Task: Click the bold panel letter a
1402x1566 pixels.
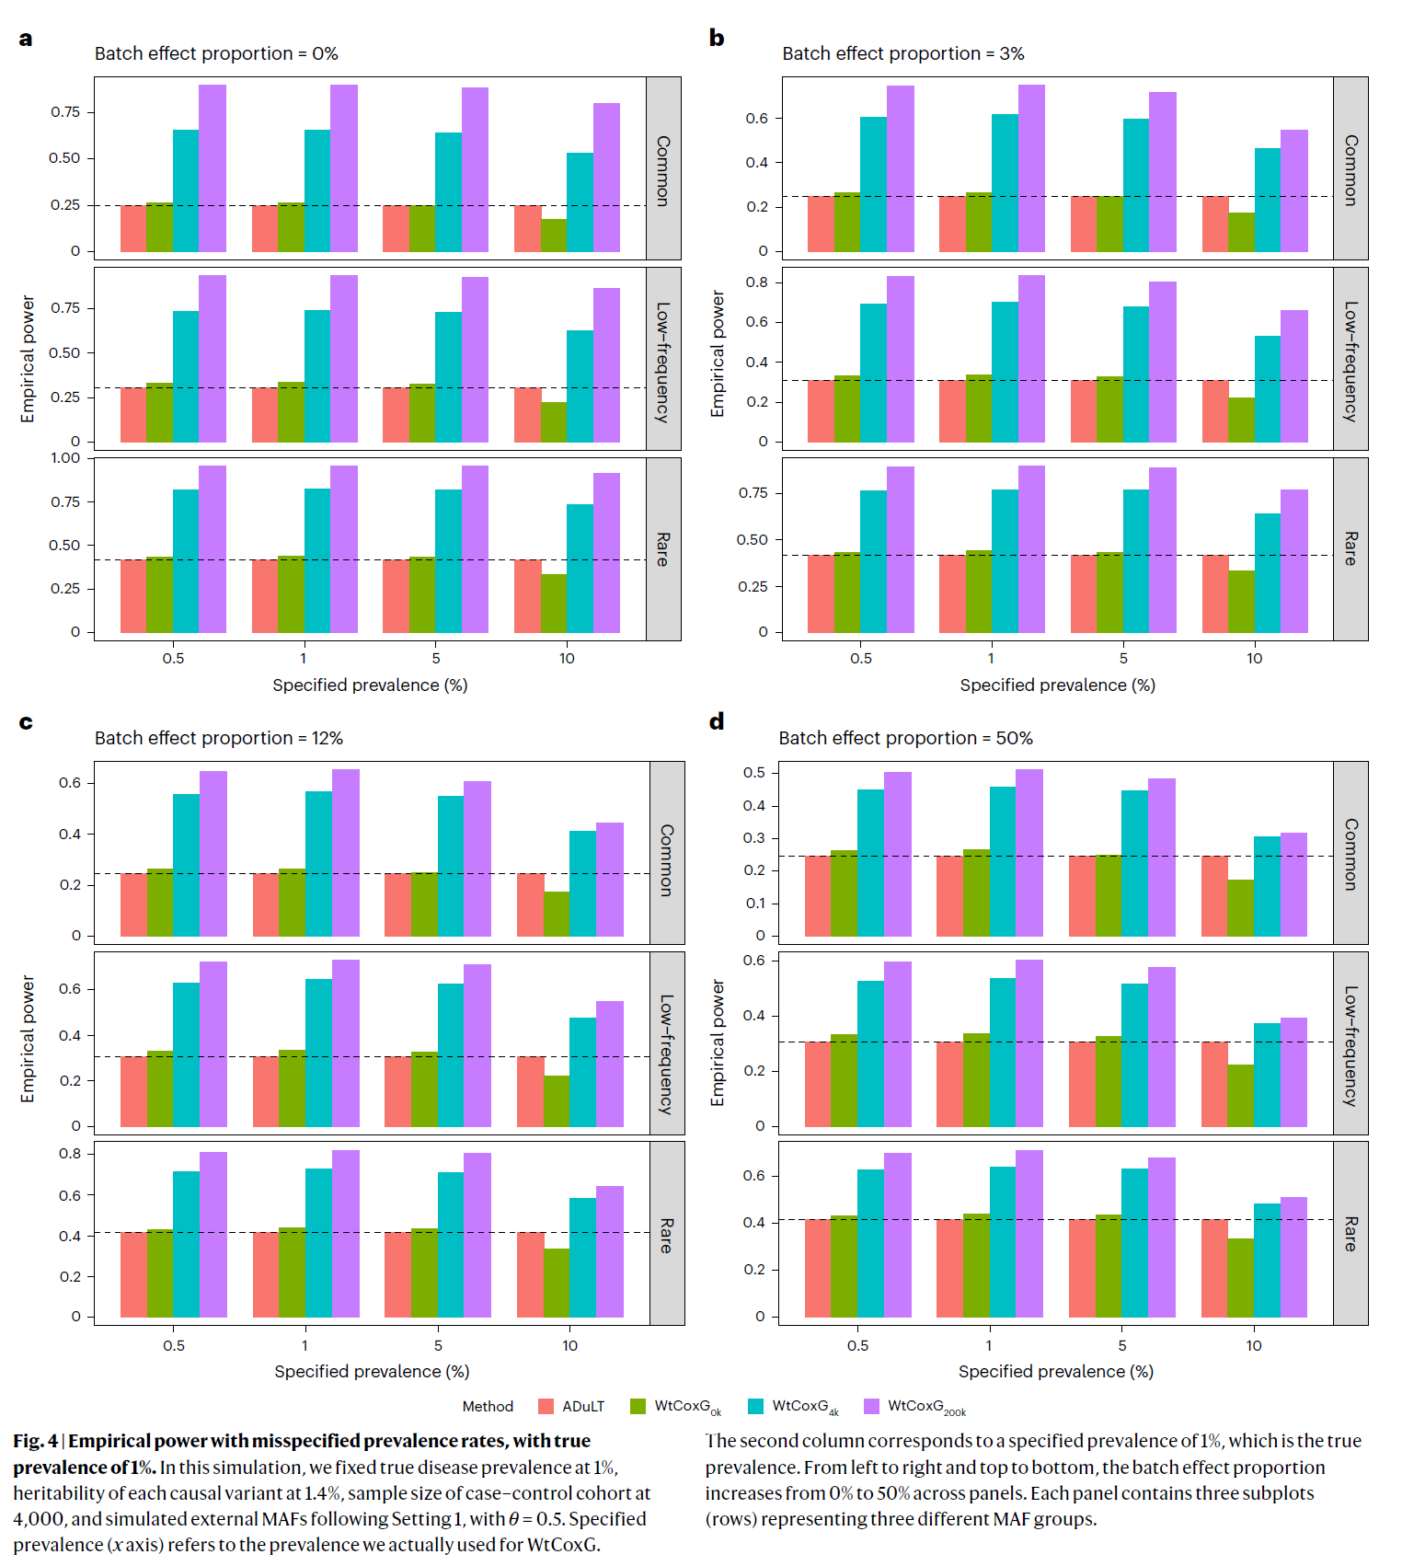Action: coord(26,39)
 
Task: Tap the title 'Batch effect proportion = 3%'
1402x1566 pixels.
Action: coord(902,54)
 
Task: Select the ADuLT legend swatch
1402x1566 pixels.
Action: coord(546,1407)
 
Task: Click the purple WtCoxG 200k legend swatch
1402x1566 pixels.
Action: coord(872,1407)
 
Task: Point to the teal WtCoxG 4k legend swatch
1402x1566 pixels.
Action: coord(756,1407)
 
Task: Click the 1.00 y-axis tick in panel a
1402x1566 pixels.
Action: coord(65,458)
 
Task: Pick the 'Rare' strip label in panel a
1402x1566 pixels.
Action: coord(662,549)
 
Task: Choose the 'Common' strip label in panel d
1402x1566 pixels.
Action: coord(1350,854)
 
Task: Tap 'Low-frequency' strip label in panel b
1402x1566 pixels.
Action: coord(1350,361)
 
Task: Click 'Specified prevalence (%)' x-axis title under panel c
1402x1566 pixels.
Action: coord(372,1372)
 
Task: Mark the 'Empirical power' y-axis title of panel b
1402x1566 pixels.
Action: coord(718,354)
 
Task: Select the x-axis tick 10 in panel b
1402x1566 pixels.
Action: coord(1254,659)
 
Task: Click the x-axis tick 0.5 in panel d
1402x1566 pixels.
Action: coord(857,1346)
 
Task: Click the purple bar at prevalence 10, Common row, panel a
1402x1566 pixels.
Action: coord(606,178)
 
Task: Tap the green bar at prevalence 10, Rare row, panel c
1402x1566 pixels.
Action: coord(557,1283)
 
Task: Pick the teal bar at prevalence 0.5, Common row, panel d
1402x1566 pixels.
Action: coord(870,863)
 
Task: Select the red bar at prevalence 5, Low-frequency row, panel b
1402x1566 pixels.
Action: coord(1084,411)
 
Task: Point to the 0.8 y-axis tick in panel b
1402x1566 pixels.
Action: coord(757,282)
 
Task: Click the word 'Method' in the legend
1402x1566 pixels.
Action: coord(488,1407)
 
